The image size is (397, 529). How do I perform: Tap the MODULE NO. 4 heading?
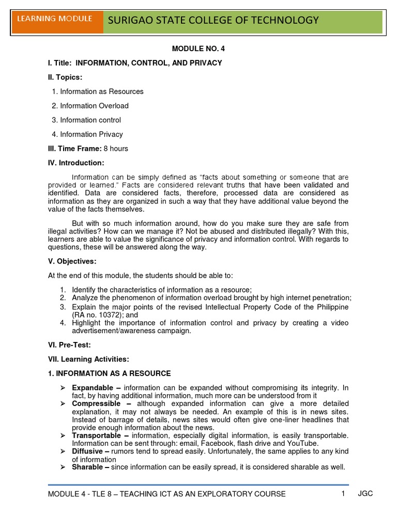[x=198, y=49]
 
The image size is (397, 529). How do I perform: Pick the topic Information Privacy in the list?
[x=91, y=134]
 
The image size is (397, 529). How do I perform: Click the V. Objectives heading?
[x=72, y=261]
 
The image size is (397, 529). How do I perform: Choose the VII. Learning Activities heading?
[x=88, y=359]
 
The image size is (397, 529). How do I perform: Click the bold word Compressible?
[x=96, y=403]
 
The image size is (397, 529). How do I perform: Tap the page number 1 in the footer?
[x=342, y=493]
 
